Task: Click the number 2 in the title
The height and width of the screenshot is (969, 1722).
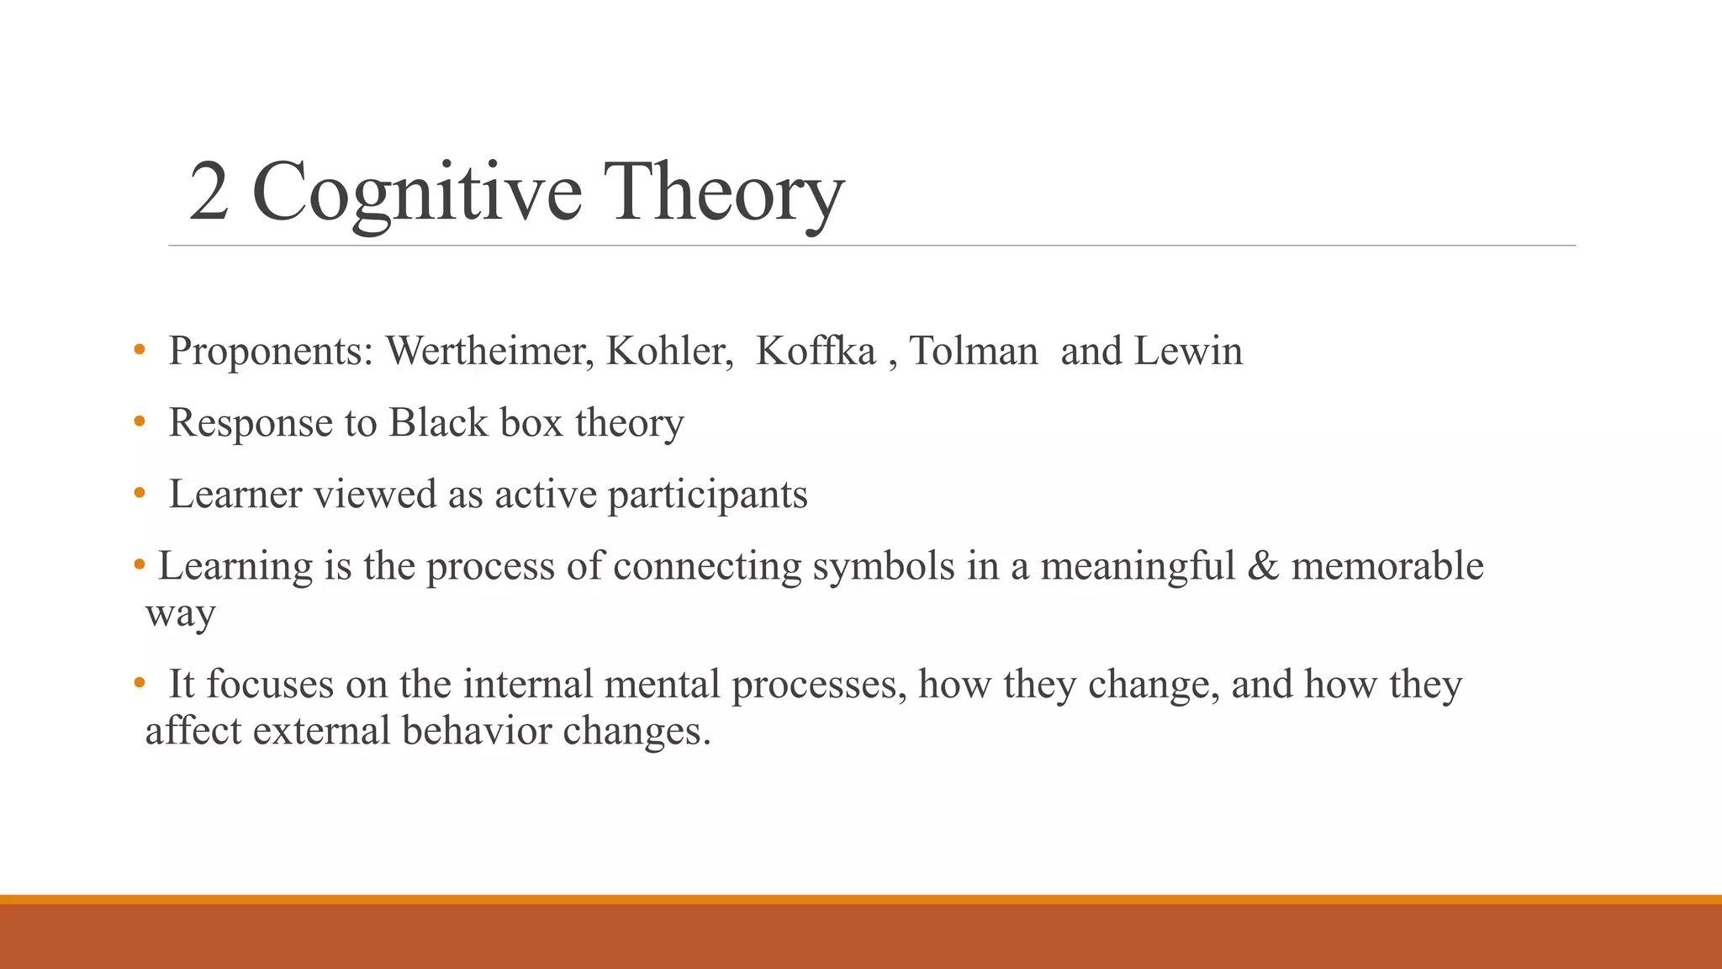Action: click(x=209, y=192)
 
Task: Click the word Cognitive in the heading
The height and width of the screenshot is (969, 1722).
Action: click(x=416, y=193)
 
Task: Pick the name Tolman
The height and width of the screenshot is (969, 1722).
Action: click(x=974, y=351)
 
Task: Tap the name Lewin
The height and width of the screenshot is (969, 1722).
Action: click(x=1188, y=351)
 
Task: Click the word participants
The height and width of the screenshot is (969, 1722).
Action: click(x=707, y=495)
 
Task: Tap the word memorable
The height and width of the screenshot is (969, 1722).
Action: click(x=1387, y=565)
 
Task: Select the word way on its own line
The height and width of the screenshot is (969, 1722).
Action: click(x=180, y=614)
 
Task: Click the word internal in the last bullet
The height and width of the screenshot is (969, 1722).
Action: click(x=528, y=684)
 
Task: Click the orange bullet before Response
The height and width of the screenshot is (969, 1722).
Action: click(x=140, y=422)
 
